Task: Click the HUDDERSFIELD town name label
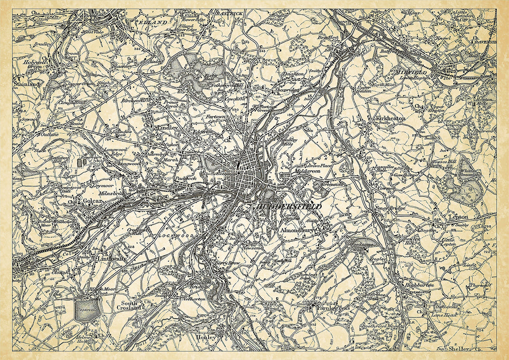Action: coord(288,206)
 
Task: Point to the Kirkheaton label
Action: coord(391,118)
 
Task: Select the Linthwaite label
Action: coord(111,259)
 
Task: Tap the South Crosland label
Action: coord(125,305)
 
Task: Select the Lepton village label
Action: coord(458,217)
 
